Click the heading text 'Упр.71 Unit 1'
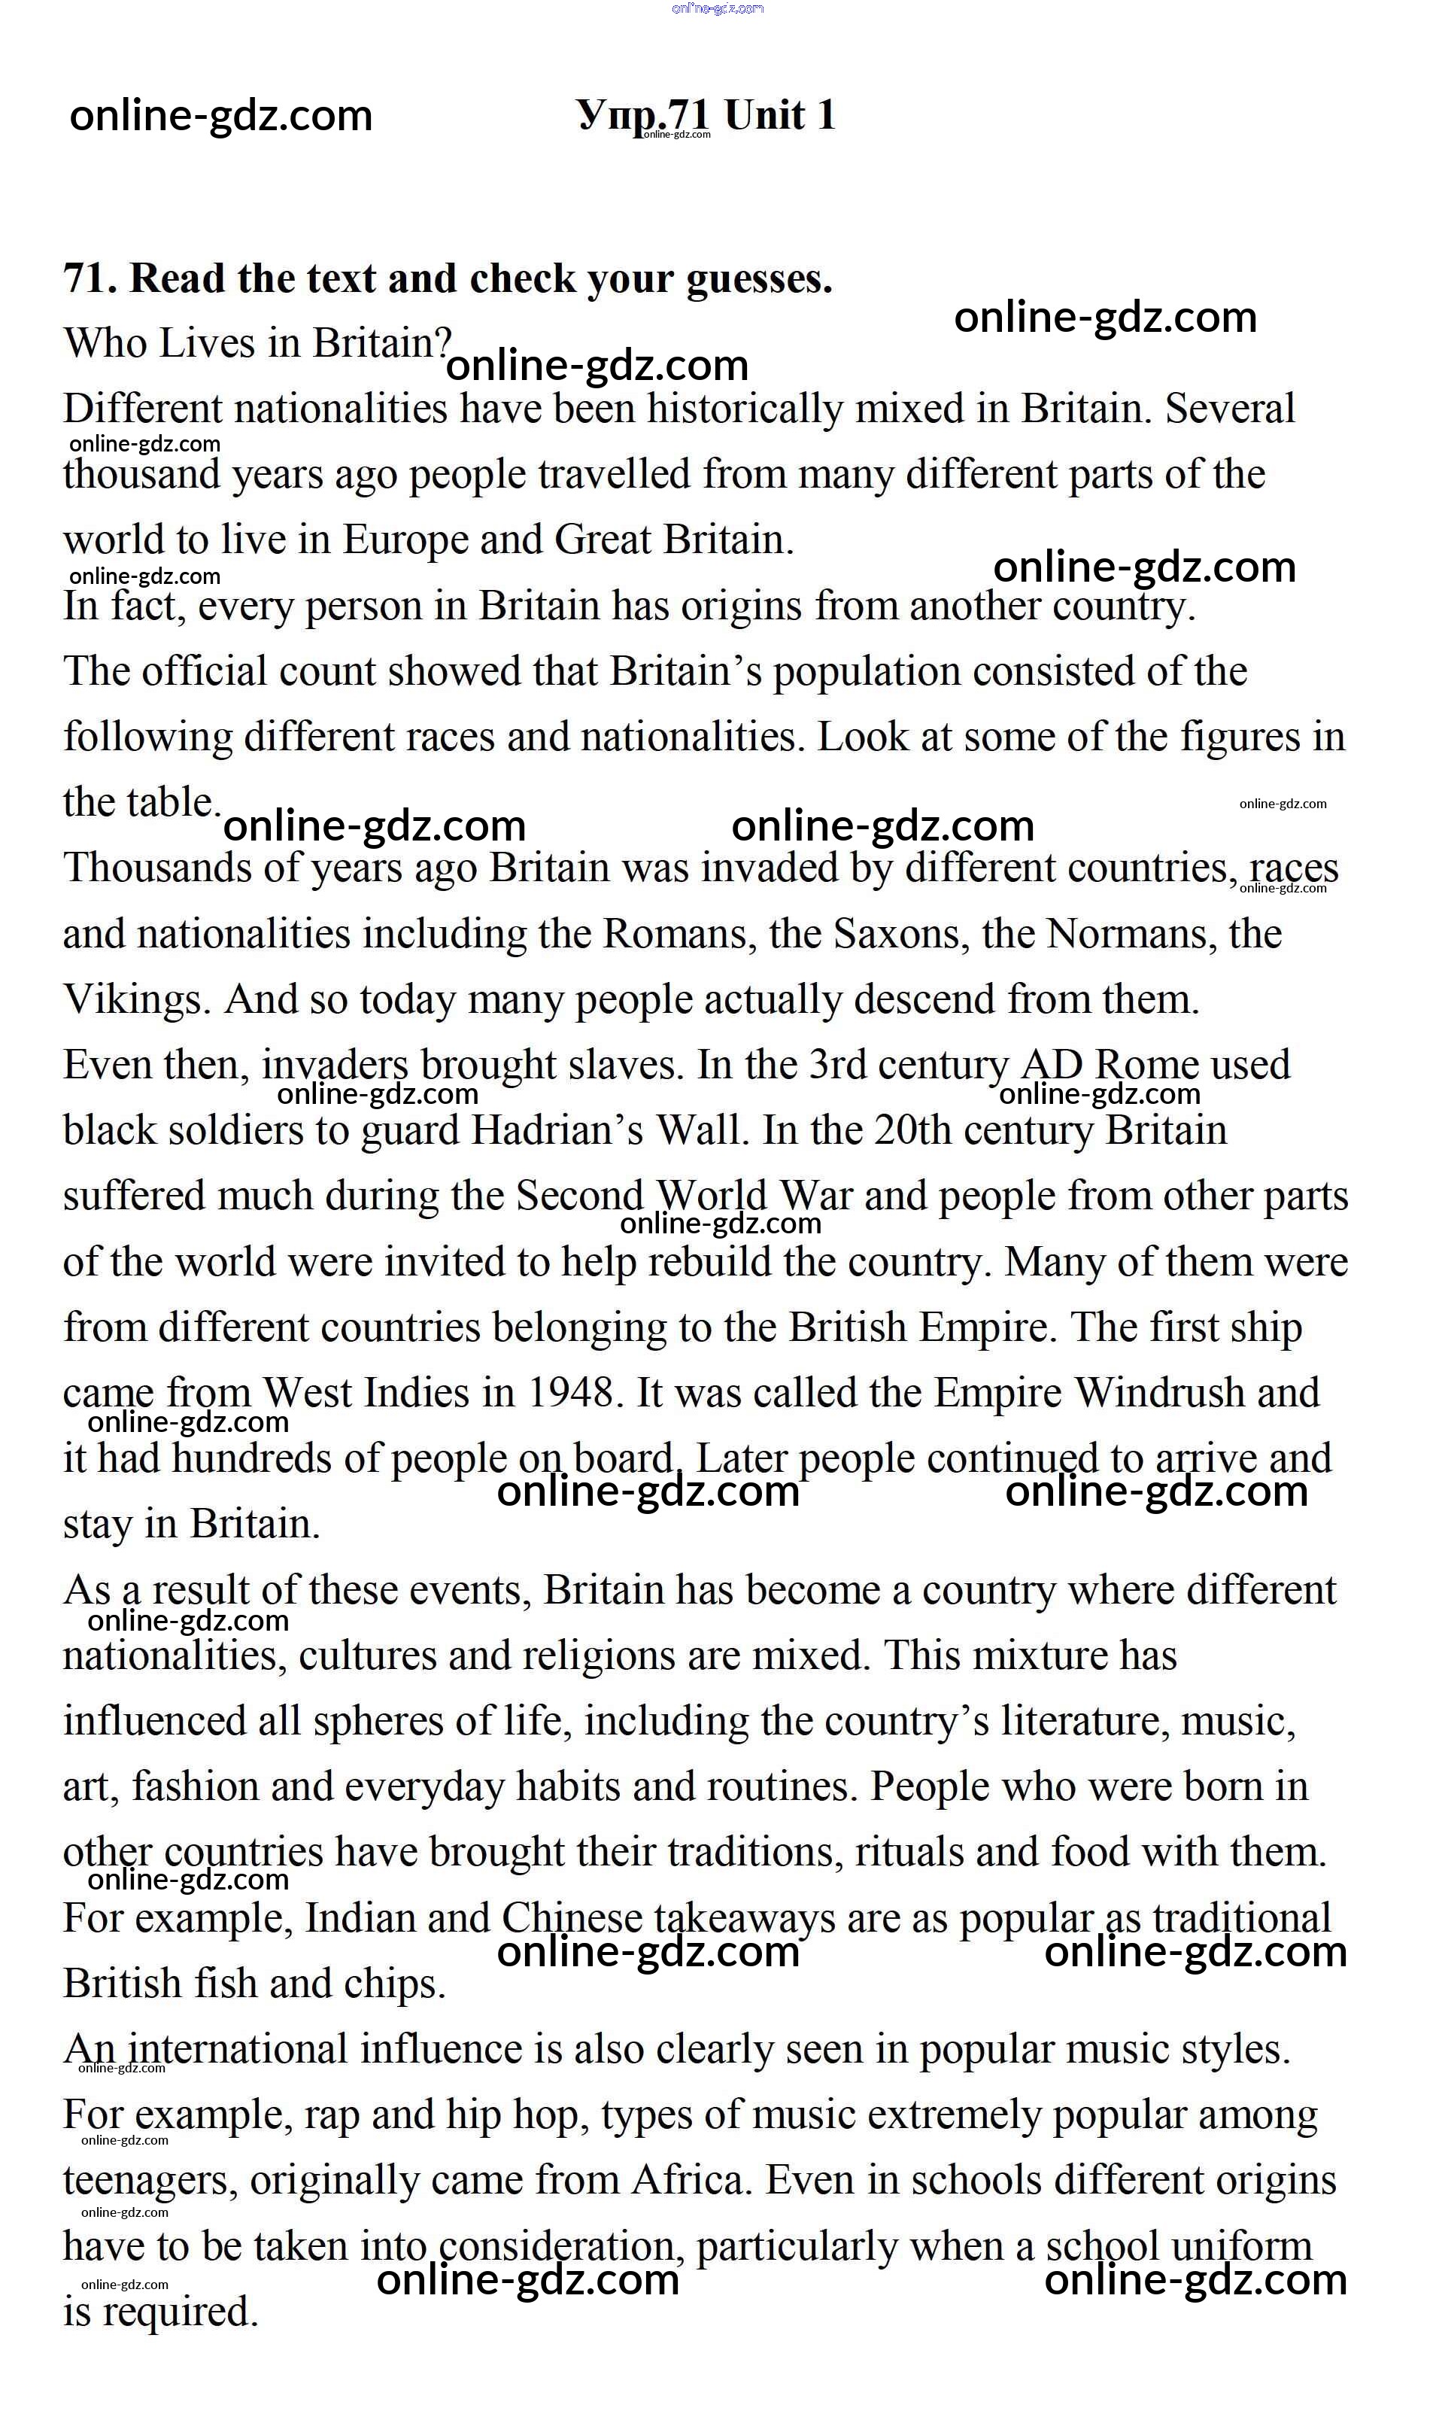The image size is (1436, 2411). (706, 115)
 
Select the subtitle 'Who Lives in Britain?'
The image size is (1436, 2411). (257, 344)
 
